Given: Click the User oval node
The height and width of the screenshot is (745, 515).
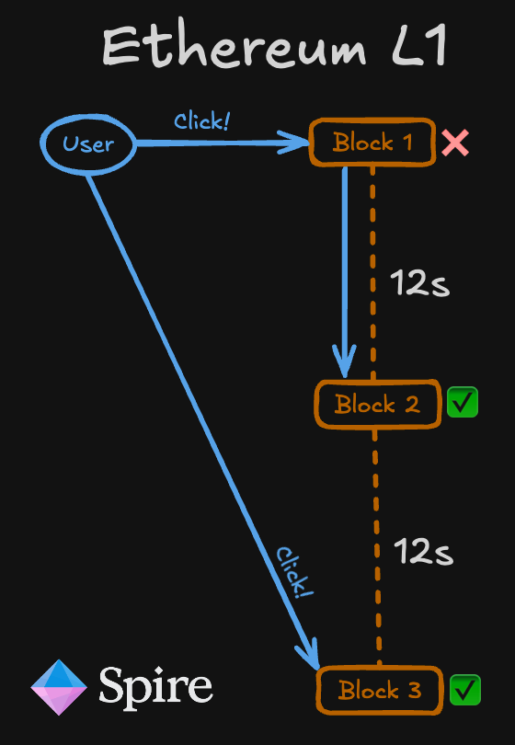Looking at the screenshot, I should [88, 143].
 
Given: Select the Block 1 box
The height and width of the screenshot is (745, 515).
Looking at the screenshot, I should [372, 143].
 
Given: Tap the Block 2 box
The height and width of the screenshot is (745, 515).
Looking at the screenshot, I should [377, 404].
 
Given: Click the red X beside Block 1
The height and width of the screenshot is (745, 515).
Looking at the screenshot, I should [455, 143].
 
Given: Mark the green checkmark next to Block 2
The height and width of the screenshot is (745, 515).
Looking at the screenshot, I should [463, 403].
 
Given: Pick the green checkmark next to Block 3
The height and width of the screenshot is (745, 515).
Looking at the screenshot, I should [465, 689].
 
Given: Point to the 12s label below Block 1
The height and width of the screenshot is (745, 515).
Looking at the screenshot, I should [419, 283].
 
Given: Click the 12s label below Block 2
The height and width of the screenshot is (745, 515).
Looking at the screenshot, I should [423, 552].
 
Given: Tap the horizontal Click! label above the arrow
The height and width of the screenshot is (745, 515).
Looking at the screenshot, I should [201, 121].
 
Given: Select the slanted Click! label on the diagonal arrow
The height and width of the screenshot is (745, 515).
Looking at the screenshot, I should [291, 573].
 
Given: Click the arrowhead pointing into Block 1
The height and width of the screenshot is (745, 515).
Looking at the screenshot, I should [294, 143].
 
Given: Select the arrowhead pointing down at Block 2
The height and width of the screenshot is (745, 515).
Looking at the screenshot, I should [345, 361].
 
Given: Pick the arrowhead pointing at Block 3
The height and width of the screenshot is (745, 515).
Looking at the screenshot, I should [308, 655].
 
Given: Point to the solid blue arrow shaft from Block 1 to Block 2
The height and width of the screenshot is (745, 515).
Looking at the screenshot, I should [345, 258].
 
